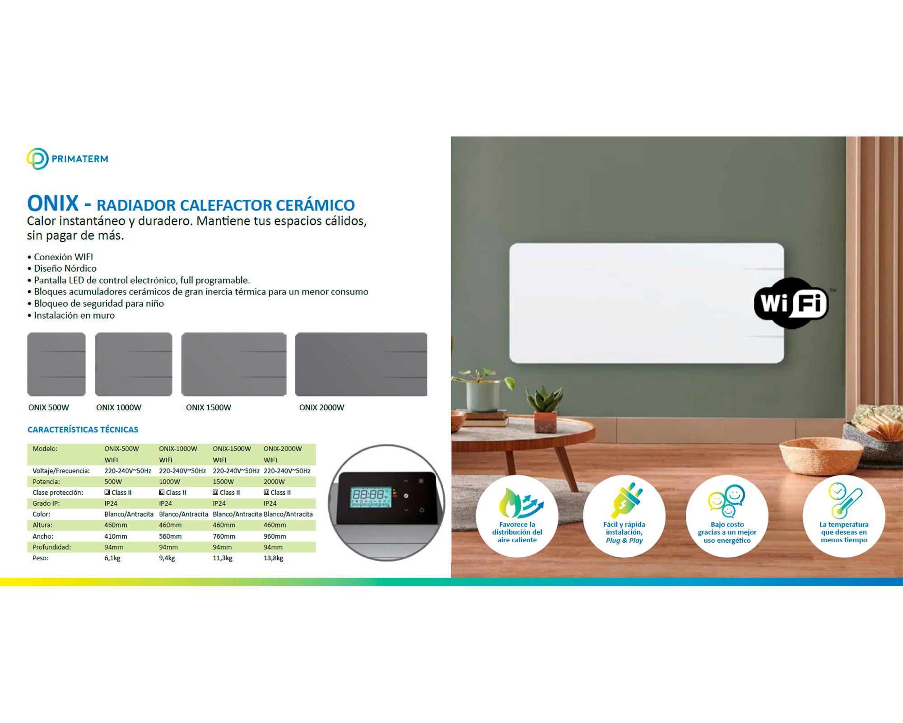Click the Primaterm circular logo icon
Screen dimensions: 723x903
point(37,159)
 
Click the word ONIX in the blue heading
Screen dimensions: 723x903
point(53,203)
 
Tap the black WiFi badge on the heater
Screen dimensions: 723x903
point(791,303)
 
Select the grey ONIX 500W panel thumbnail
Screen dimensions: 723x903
point(56,364)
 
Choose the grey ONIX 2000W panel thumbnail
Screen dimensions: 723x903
point(361,364)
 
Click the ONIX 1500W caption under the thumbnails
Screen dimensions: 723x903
point(208,408)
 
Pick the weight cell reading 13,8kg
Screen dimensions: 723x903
point(274,558)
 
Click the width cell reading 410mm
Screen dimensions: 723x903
point(116,536)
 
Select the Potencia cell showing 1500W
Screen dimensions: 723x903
point(223,482)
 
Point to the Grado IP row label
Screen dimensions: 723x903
point(46,503)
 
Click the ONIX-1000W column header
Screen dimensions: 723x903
point(178,449)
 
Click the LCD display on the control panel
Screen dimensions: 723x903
point(371,497)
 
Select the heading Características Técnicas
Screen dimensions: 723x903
point(83,430)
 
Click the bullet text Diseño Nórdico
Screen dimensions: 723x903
point(65,268)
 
